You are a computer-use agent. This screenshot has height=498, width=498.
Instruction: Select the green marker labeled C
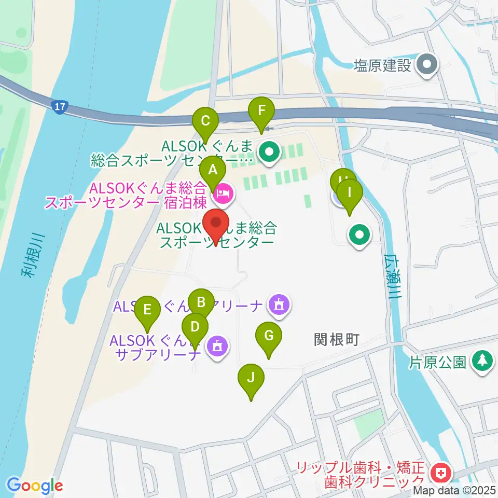tap(205, 121)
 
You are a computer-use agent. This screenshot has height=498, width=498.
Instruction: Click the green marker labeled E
tap(147, 311)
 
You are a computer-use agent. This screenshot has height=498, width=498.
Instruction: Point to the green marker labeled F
tap(261, 110)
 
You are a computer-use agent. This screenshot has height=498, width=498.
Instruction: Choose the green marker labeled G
tap(269, 336)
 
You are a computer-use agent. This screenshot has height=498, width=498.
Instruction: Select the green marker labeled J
tap(251, 378)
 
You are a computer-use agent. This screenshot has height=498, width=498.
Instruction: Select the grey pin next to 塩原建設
tap(428, 65)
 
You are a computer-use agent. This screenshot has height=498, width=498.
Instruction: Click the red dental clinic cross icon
tap(441, 473)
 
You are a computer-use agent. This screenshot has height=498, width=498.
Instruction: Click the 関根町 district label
tap(337, 340)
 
